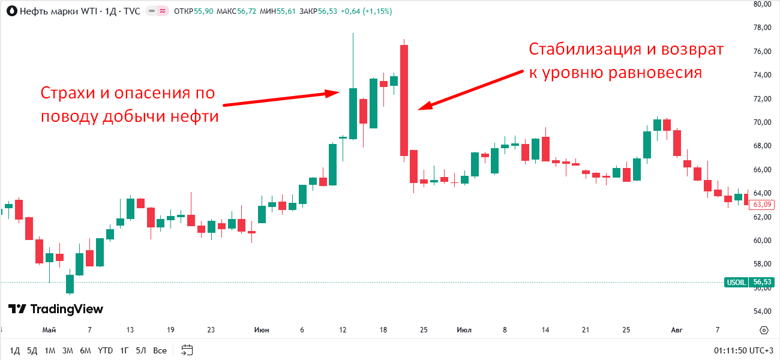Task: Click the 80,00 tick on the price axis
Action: click(x=762, y=4)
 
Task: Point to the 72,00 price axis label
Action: click(x=762, y=98)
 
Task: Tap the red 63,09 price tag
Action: click(x=762, y=205)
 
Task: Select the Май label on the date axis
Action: click(x=49, y=330)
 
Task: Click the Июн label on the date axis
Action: click(x=262, y=330)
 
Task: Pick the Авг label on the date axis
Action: click(x=677, y=330)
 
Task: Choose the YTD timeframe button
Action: click(x=106, y=350)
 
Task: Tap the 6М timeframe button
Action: click(x=86, y=350)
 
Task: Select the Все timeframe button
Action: click(x=160, y=350)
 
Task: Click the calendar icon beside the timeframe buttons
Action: click(x=187, y=350)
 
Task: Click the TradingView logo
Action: click(x=56, y=309)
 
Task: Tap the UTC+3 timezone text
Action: click(x=762, y=350)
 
